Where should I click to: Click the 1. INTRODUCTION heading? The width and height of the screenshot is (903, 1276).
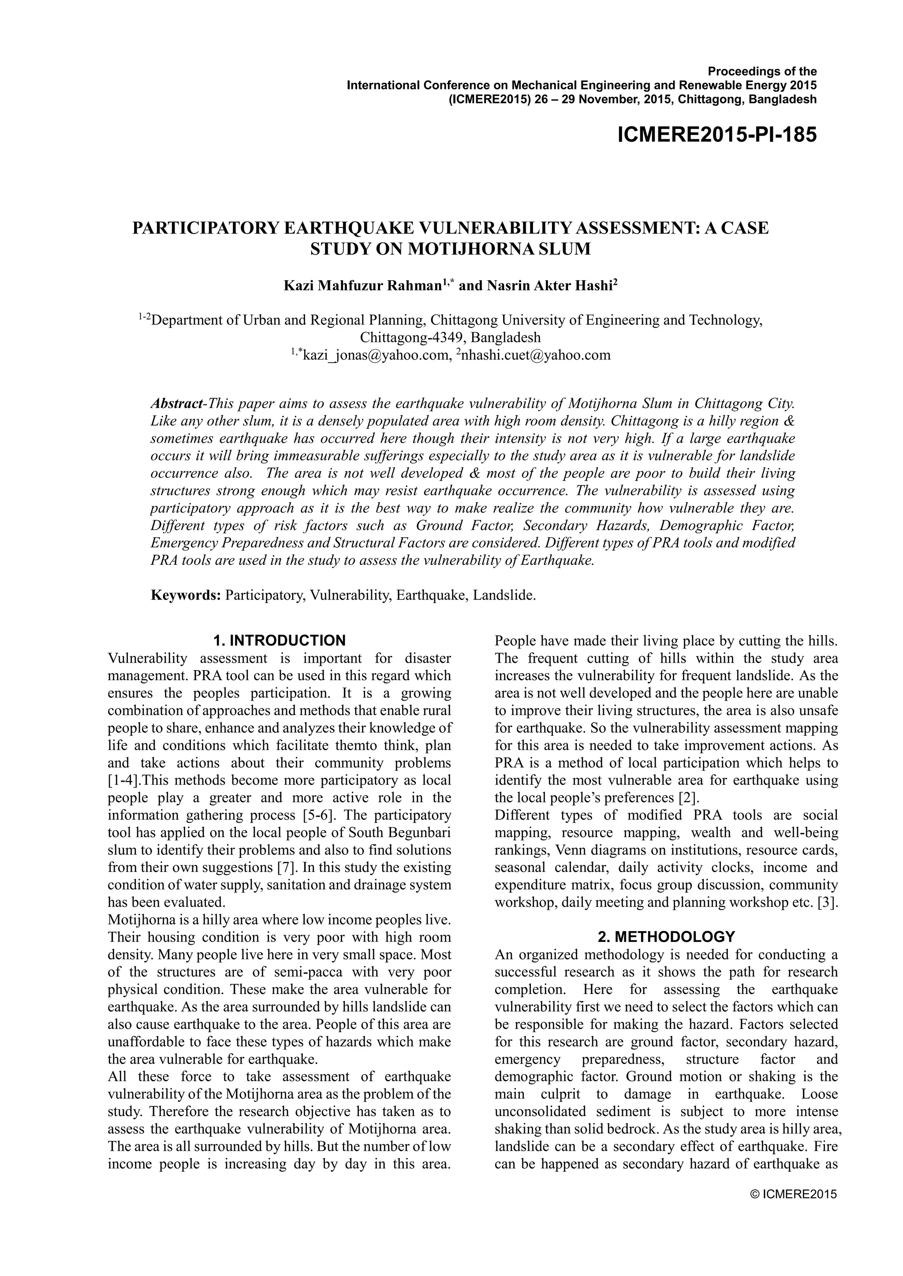tap(279, 640)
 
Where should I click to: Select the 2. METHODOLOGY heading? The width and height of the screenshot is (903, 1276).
tap(666, 936)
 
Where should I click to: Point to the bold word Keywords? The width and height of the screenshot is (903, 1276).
tap(186, 595)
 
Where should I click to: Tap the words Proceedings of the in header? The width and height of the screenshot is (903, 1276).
tap(762, 71)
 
